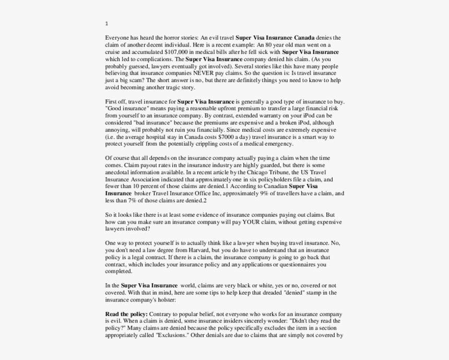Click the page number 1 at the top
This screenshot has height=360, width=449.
click(x=107, y=24)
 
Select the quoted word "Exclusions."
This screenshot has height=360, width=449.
click(x=172, y=335)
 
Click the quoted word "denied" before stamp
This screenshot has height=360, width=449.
click(x=296, y=293)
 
